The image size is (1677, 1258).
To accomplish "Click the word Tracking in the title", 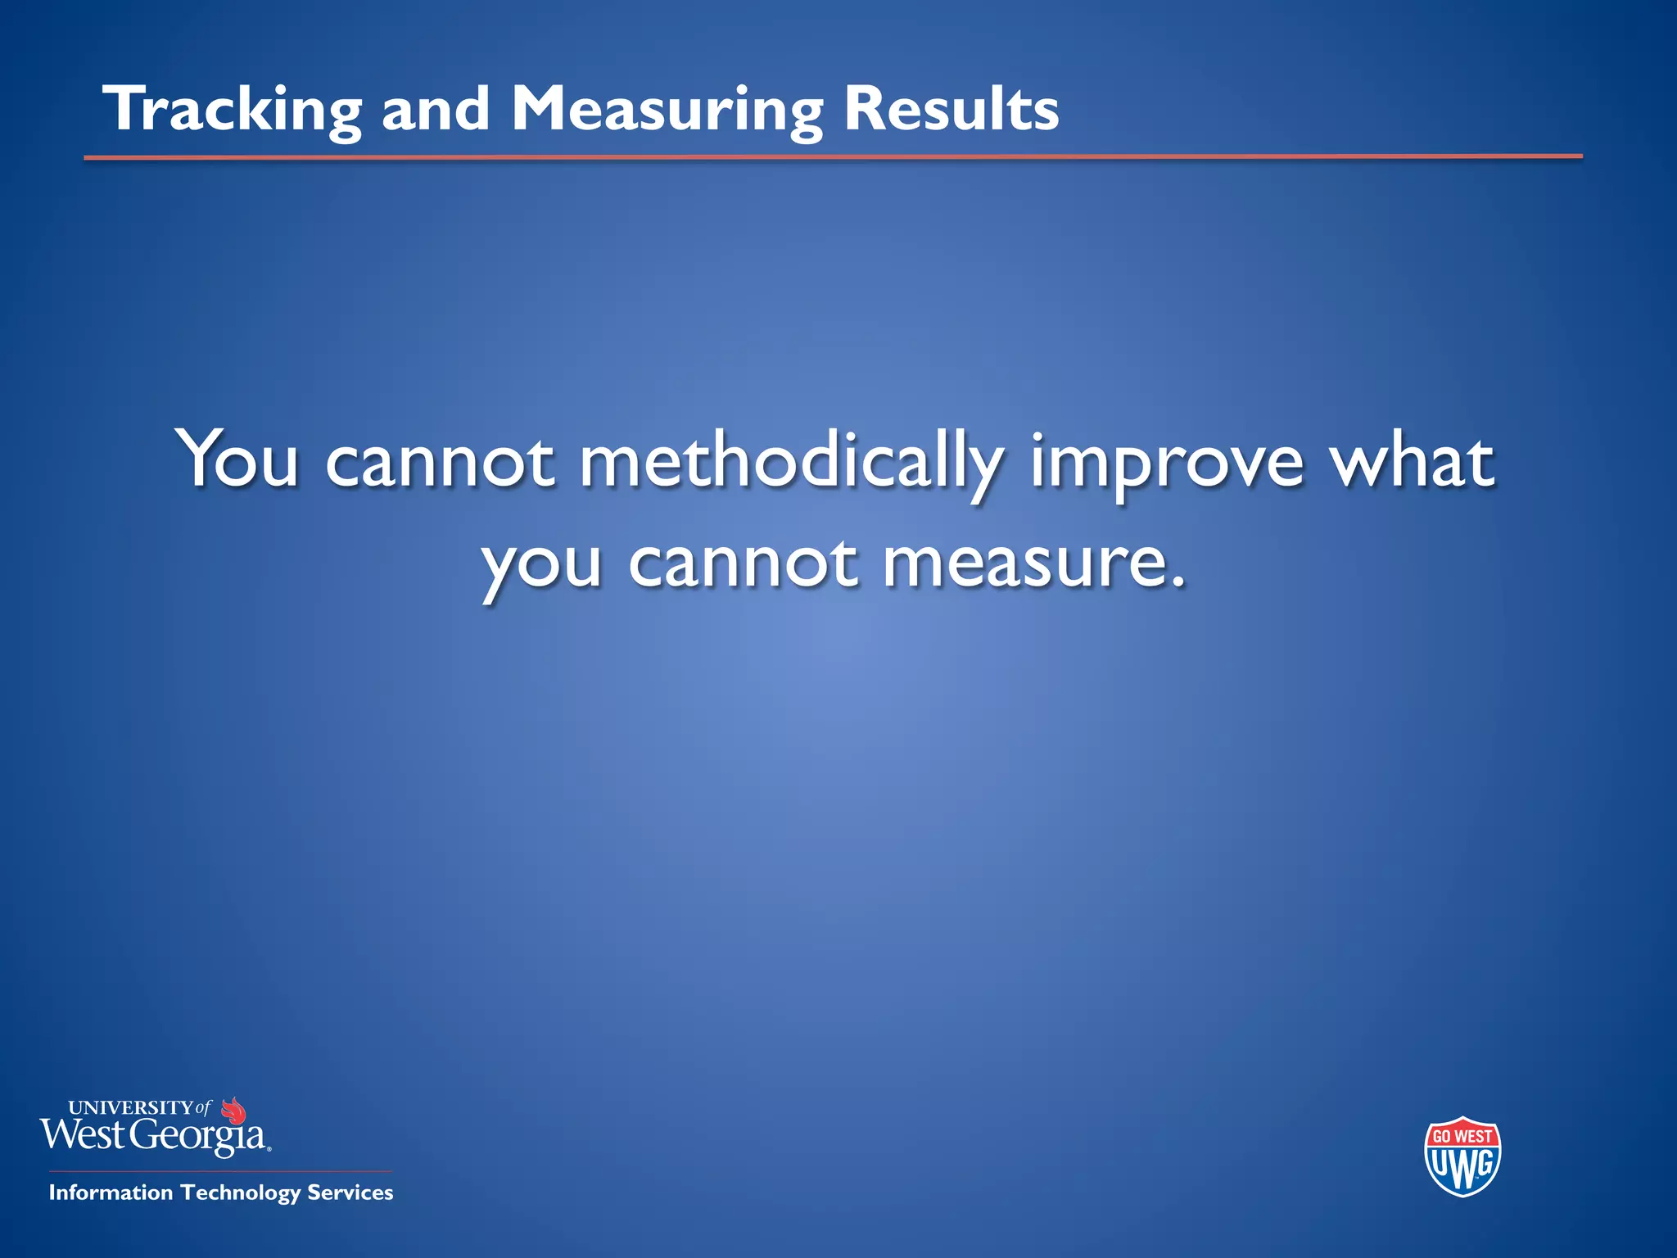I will pos(233,111).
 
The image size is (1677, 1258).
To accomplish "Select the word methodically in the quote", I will pos(791,464).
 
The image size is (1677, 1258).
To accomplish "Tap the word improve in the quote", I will pos(1166,464).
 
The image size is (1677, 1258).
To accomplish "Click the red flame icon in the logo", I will pos(234,1111).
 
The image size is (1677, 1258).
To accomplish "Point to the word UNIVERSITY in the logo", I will pos(131,1108).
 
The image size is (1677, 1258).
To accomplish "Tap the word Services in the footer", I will pos(350,1192).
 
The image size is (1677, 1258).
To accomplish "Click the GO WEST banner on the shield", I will pos(1462,1136).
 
